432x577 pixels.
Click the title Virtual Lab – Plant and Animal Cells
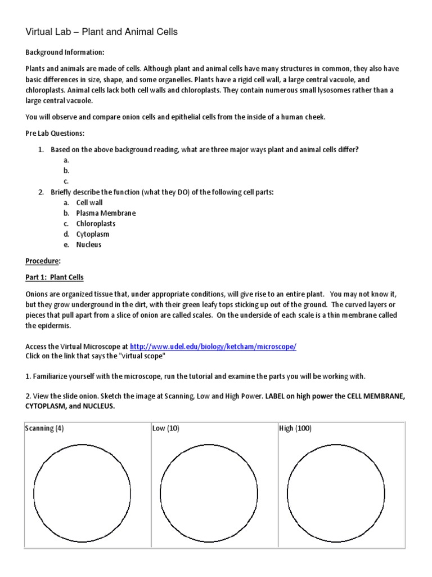[x=102, y=32]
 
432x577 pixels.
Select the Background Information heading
[x=65, y=52]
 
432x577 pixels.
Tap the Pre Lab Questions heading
[x=55, y=133]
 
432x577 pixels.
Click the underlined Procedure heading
[x=43, y=261]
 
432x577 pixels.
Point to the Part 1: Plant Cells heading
[x=55, y=277]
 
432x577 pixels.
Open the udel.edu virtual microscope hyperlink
[x=213, y=347]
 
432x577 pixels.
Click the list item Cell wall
[x=89, y=202]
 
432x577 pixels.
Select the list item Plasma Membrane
[x=106, y=213]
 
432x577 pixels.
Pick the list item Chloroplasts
[x=96, y=224]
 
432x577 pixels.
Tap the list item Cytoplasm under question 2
[x=93, y=234]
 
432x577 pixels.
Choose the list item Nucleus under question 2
[x=89, y=245]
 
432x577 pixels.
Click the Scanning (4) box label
[x=44, y=428]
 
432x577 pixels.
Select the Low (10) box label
[x=166, y=428]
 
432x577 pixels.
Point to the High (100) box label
[x=295, y=428]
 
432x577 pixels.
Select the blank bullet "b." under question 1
[x=66, y=170]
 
